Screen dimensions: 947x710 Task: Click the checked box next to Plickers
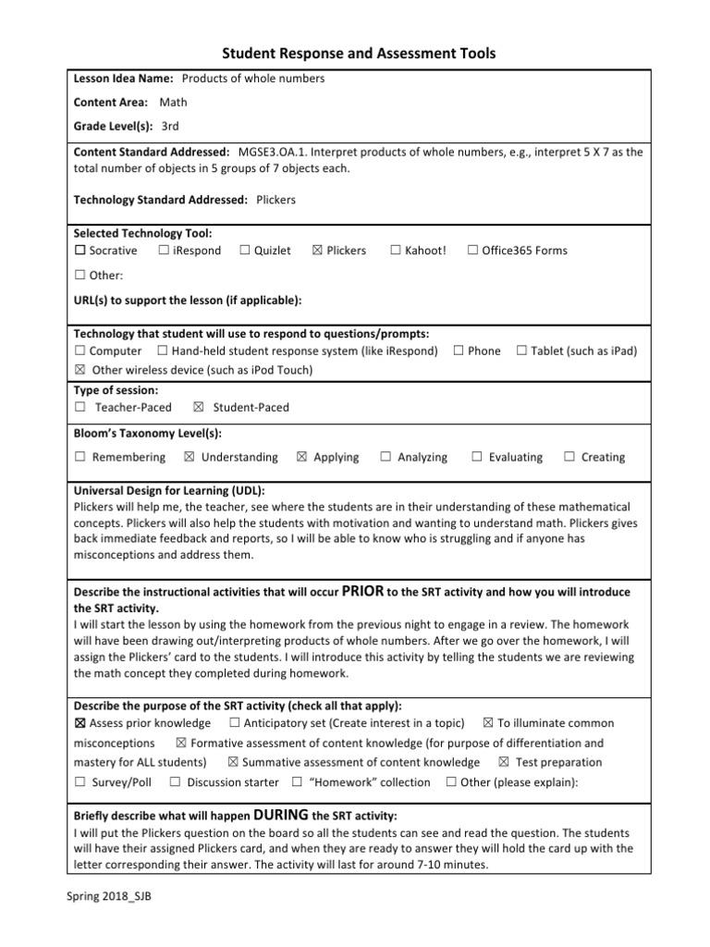tap(317, 251)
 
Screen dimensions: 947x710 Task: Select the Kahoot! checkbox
tap(395, 251)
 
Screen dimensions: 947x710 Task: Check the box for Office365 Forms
tap(472, 251)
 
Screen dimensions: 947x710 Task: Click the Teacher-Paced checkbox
tap(80, 408)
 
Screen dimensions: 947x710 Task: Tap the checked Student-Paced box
tap(199, 408)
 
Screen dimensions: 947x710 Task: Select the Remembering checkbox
tap(80, 457)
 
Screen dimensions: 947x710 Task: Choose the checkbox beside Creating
tap(569, 457)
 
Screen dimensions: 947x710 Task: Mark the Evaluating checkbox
tap(477, 457)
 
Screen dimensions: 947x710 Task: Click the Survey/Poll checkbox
tap(80, 782)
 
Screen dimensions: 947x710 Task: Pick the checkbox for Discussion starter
tap(175, 782)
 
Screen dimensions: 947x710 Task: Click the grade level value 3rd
tap(170, 126)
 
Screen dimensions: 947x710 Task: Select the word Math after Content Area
tap(173, 103)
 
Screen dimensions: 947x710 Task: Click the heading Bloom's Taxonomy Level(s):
tap(147, 433)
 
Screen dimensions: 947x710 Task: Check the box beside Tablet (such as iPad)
tap(521, 351)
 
